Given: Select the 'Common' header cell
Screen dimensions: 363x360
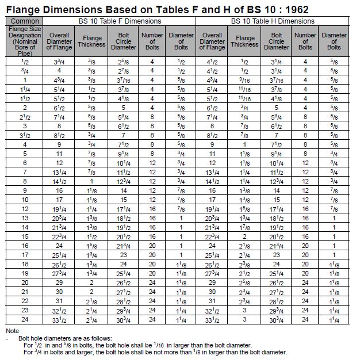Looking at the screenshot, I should (x=25, y=21).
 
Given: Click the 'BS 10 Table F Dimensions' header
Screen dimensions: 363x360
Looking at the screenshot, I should (x=120, y=21).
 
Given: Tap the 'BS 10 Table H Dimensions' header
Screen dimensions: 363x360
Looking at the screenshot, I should (x=273, y=21).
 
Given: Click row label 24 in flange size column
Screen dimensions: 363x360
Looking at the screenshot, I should (x=25, y=318).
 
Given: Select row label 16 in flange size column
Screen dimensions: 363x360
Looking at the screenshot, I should (x=25, y=245).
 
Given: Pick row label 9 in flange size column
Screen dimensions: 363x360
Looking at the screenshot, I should (x=25, y=190).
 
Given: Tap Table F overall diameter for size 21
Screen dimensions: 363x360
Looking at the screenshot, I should (x=60, y=291).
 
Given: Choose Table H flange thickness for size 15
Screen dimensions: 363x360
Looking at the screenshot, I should (x=244, y=236).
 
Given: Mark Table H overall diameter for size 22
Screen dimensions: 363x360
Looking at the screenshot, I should (x=212, y=300).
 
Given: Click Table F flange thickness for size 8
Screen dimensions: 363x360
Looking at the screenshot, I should (x=91, y=181).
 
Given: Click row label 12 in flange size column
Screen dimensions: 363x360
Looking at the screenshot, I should (x=25, y=208).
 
